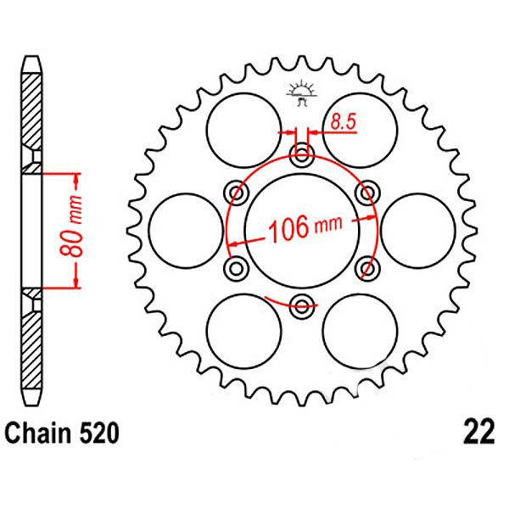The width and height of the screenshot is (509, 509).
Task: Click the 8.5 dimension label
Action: (x=344, y=122)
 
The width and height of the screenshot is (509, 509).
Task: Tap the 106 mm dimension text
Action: (x=305, y=227)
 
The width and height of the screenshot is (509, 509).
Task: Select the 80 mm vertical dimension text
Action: (x=71, y=226)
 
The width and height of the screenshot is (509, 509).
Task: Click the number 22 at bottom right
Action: (x=478, y=433)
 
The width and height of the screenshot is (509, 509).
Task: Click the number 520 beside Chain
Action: (x=99, y=433)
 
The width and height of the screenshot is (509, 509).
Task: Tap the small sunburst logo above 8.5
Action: (x=301, y=92)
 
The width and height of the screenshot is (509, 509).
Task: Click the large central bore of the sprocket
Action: (x=302, y=231)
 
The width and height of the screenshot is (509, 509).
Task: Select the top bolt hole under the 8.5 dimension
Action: (x=302, y=153)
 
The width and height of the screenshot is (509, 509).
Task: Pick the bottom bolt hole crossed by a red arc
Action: (x=302, y=306)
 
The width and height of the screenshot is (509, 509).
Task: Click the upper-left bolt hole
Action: (x=236, y=193)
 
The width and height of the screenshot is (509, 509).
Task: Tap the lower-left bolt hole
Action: (x=236, y=268)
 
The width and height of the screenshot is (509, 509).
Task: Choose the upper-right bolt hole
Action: (x=368, y=193)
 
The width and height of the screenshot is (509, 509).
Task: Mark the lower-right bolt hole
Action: (x=368, y=268)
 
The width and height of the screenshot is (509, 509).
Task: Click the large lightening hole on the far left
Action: (x=186, y=231)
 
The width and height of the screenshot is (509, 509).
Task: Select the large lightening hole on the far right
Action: (x=418, y=231)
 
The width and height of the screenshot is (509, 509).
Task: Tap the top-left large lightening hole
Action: (x=243, y=131)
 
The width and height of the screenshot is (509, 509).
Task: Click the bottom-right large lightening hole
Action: (x=360, y=332)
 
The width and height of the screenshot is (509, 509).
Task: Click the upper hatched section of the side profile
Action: (x=32, y=112)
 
